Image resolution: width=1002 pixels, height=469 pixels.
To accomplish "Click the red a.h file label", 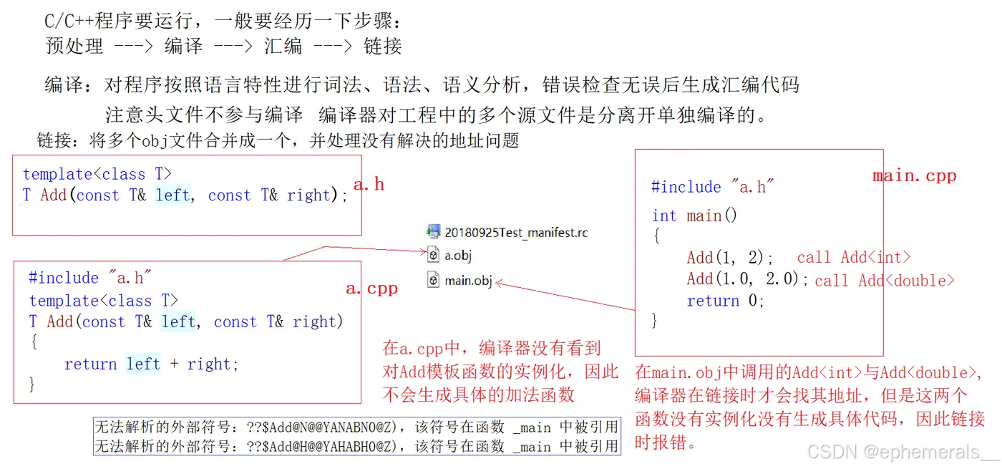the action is [x=369, y=185].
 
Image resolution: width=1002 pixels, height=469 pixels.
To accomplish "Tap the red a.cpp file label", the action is [x=371, y=289].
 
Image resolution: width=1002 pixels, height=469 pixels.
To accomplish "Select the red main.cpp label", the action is [x=914, y=176].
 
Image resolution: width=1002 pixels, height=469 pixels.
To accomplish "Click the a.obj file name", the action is [x=458, y=255].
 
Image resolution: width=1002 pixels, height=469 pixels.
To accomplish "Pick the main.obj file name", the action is [x=468, y=280].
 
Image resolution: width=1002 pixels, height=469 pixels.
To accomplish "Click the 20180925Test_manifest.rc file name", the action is [x=516, y=232].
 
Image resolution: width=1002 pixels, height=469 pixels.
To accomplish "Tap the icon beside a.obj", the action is [x=433, y=254].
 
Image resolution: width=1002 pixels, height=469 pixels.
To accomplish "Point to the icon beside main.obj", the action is [x=433, y=280].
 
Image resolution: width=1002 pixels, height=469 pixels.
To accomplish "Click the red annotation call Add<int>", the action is [x=854, y=258].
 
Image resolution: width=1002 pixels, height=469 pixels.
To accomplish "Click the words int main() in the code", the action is [x=694, y=216].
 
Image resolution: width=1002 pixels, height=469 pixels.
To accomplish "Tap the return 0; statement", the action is [x=726, y=301].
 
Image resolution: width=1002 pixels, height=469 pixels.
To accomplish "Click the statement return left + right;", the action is [x=151, y=364].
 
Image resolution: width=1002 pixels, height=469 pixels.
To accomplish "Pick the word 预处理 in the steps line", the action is [x=74, y=47].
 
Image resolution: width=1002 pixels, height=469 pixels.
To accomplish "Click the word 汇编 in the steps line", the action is [x=283, y=47].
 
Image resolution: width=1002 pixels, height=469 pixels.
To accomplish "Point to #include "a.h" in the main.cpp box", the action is [x=713, y=188].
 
